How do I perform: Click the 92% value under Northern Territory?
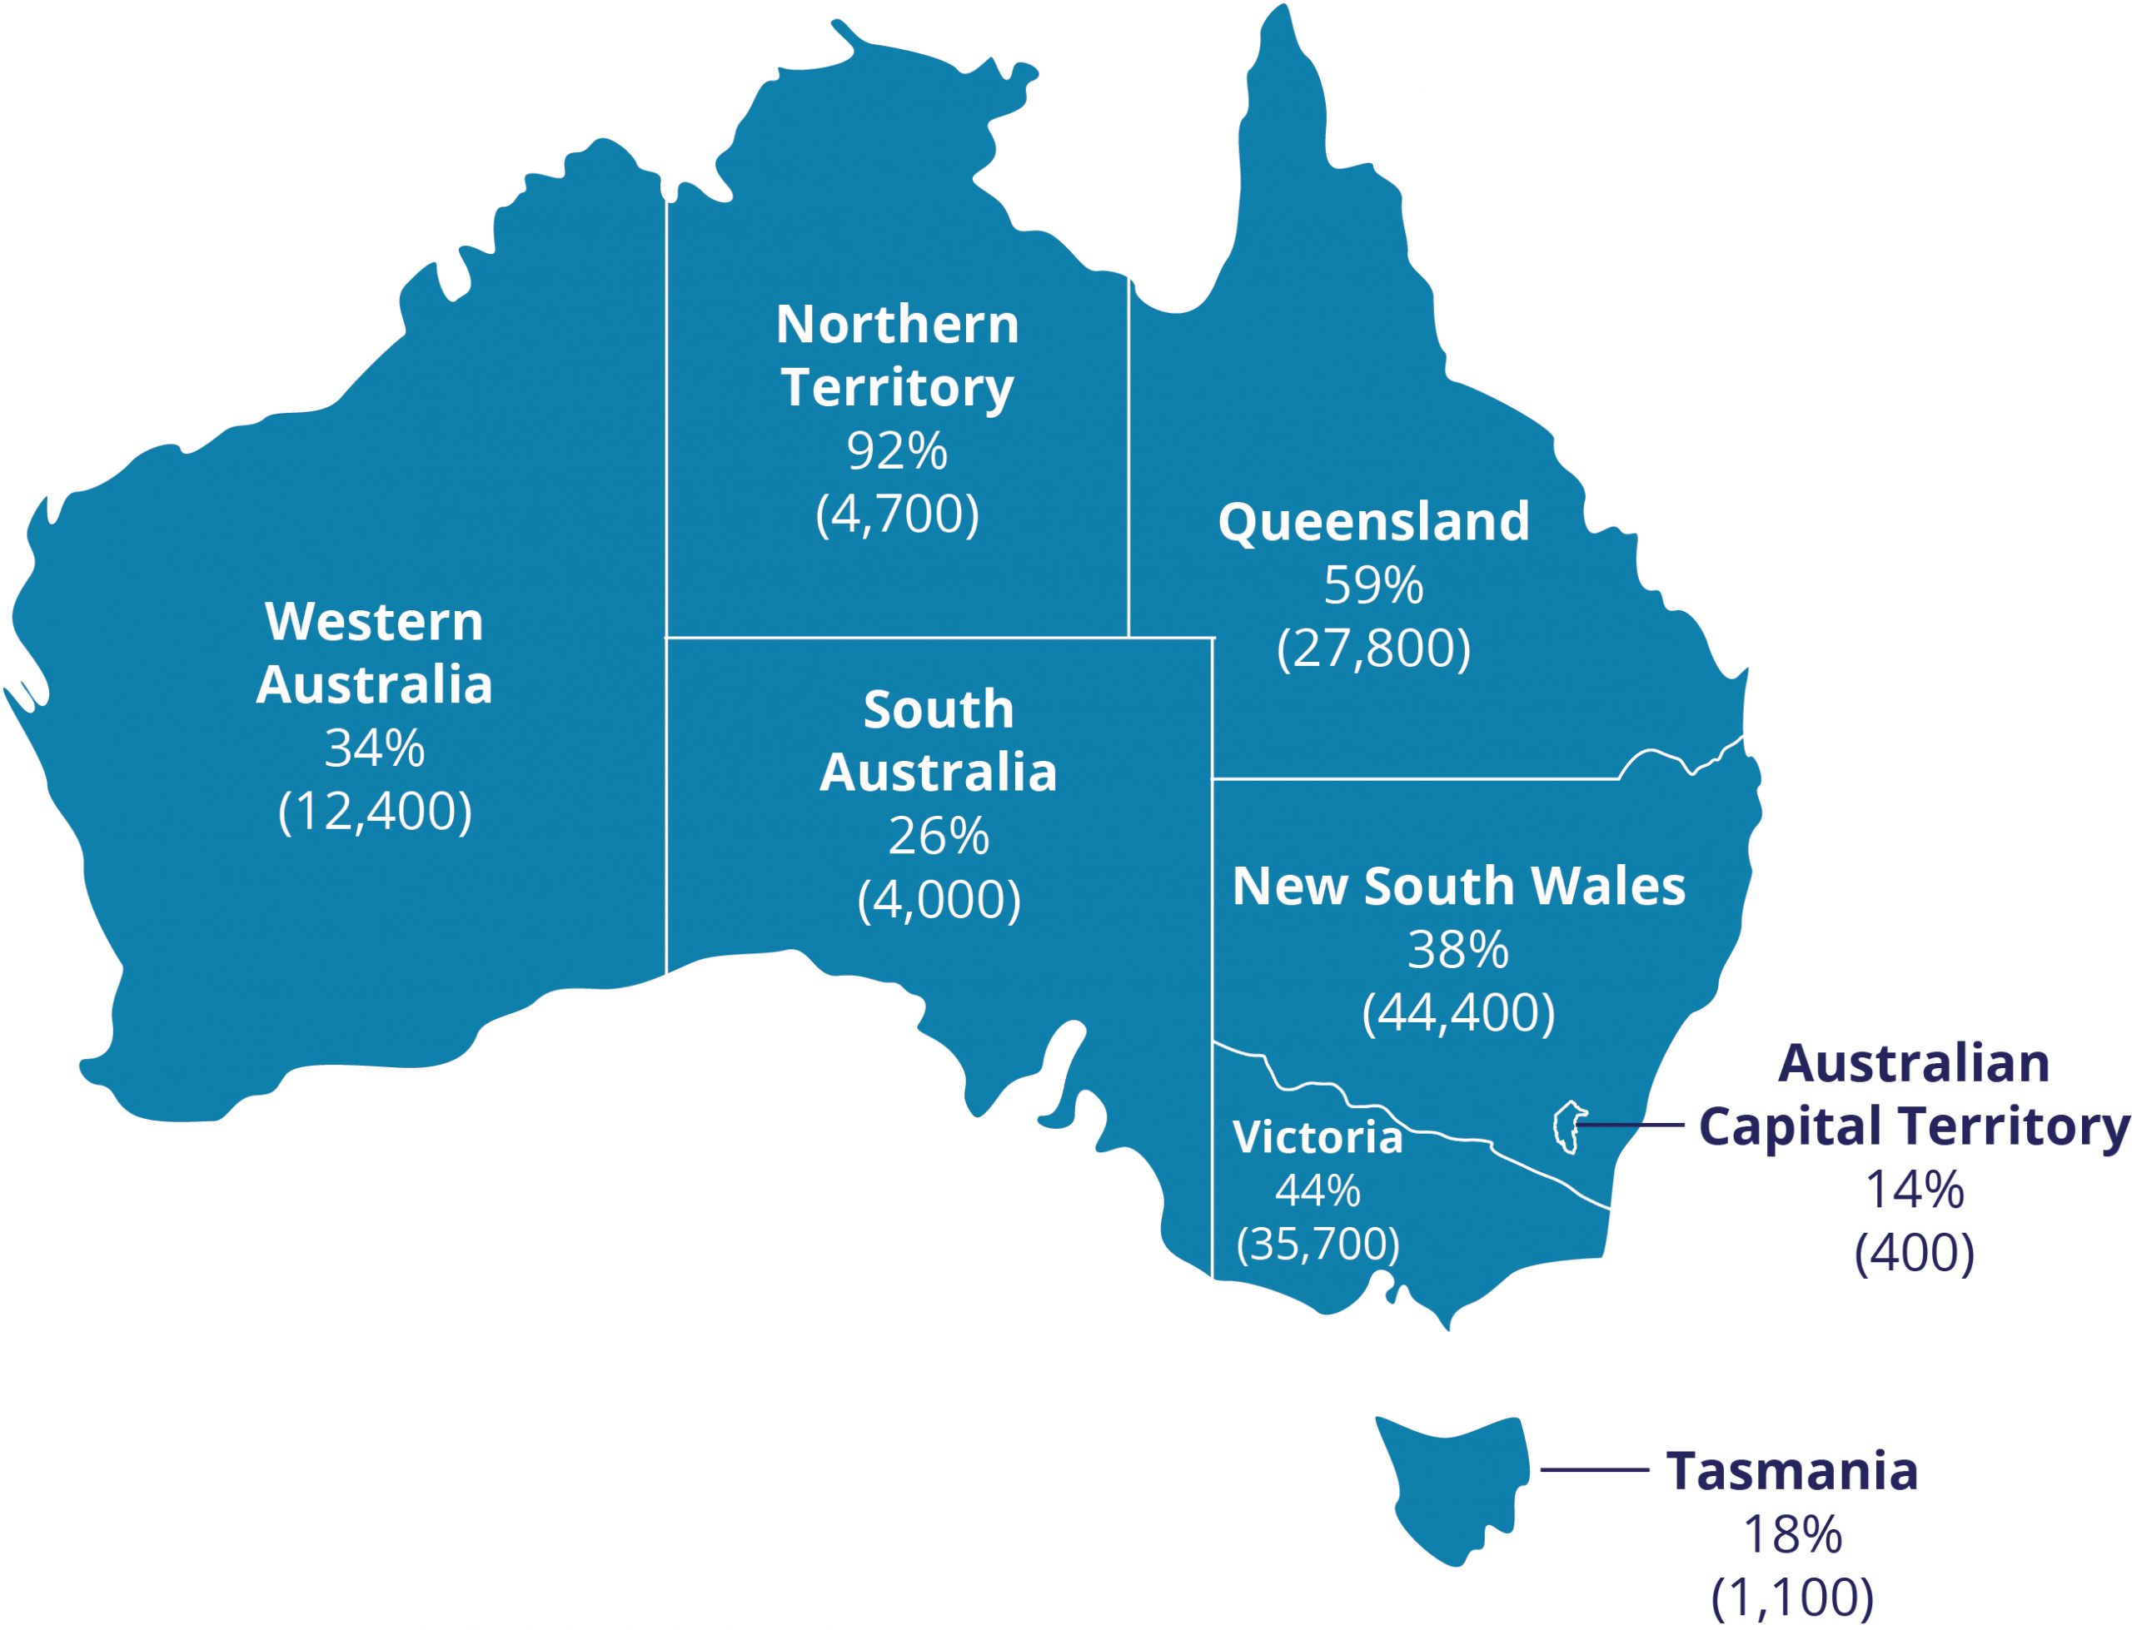click(x=896, y=450)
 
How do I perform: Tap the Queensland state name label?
click(x=1373, y=522)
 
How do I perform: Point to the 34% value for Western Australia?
click(x=374, y=748)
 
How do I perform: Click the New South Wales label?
click(x=1457, y=886)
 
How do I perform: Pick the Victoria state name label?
click(x=1317, y=1137)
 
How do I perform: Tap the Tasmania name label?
click(x=1791, y=1471)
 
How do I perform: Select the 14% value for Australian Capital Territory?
click(x=1914, y=1190)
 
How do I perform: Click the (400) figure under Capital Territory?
click(x=1914, y=1253)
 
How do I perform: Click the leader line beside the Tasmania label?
click(x=1593, y=1470)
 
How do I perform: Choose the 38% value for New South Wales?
click(x=1457, y=949)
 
